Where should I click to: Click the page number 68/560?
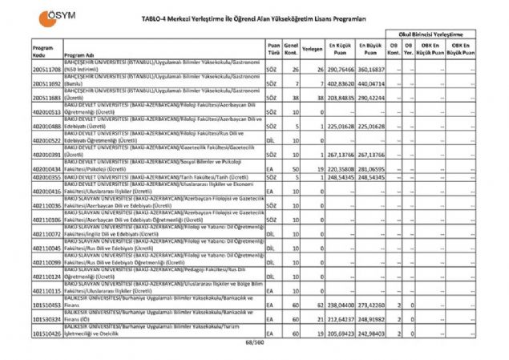[x=254, y=343]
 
